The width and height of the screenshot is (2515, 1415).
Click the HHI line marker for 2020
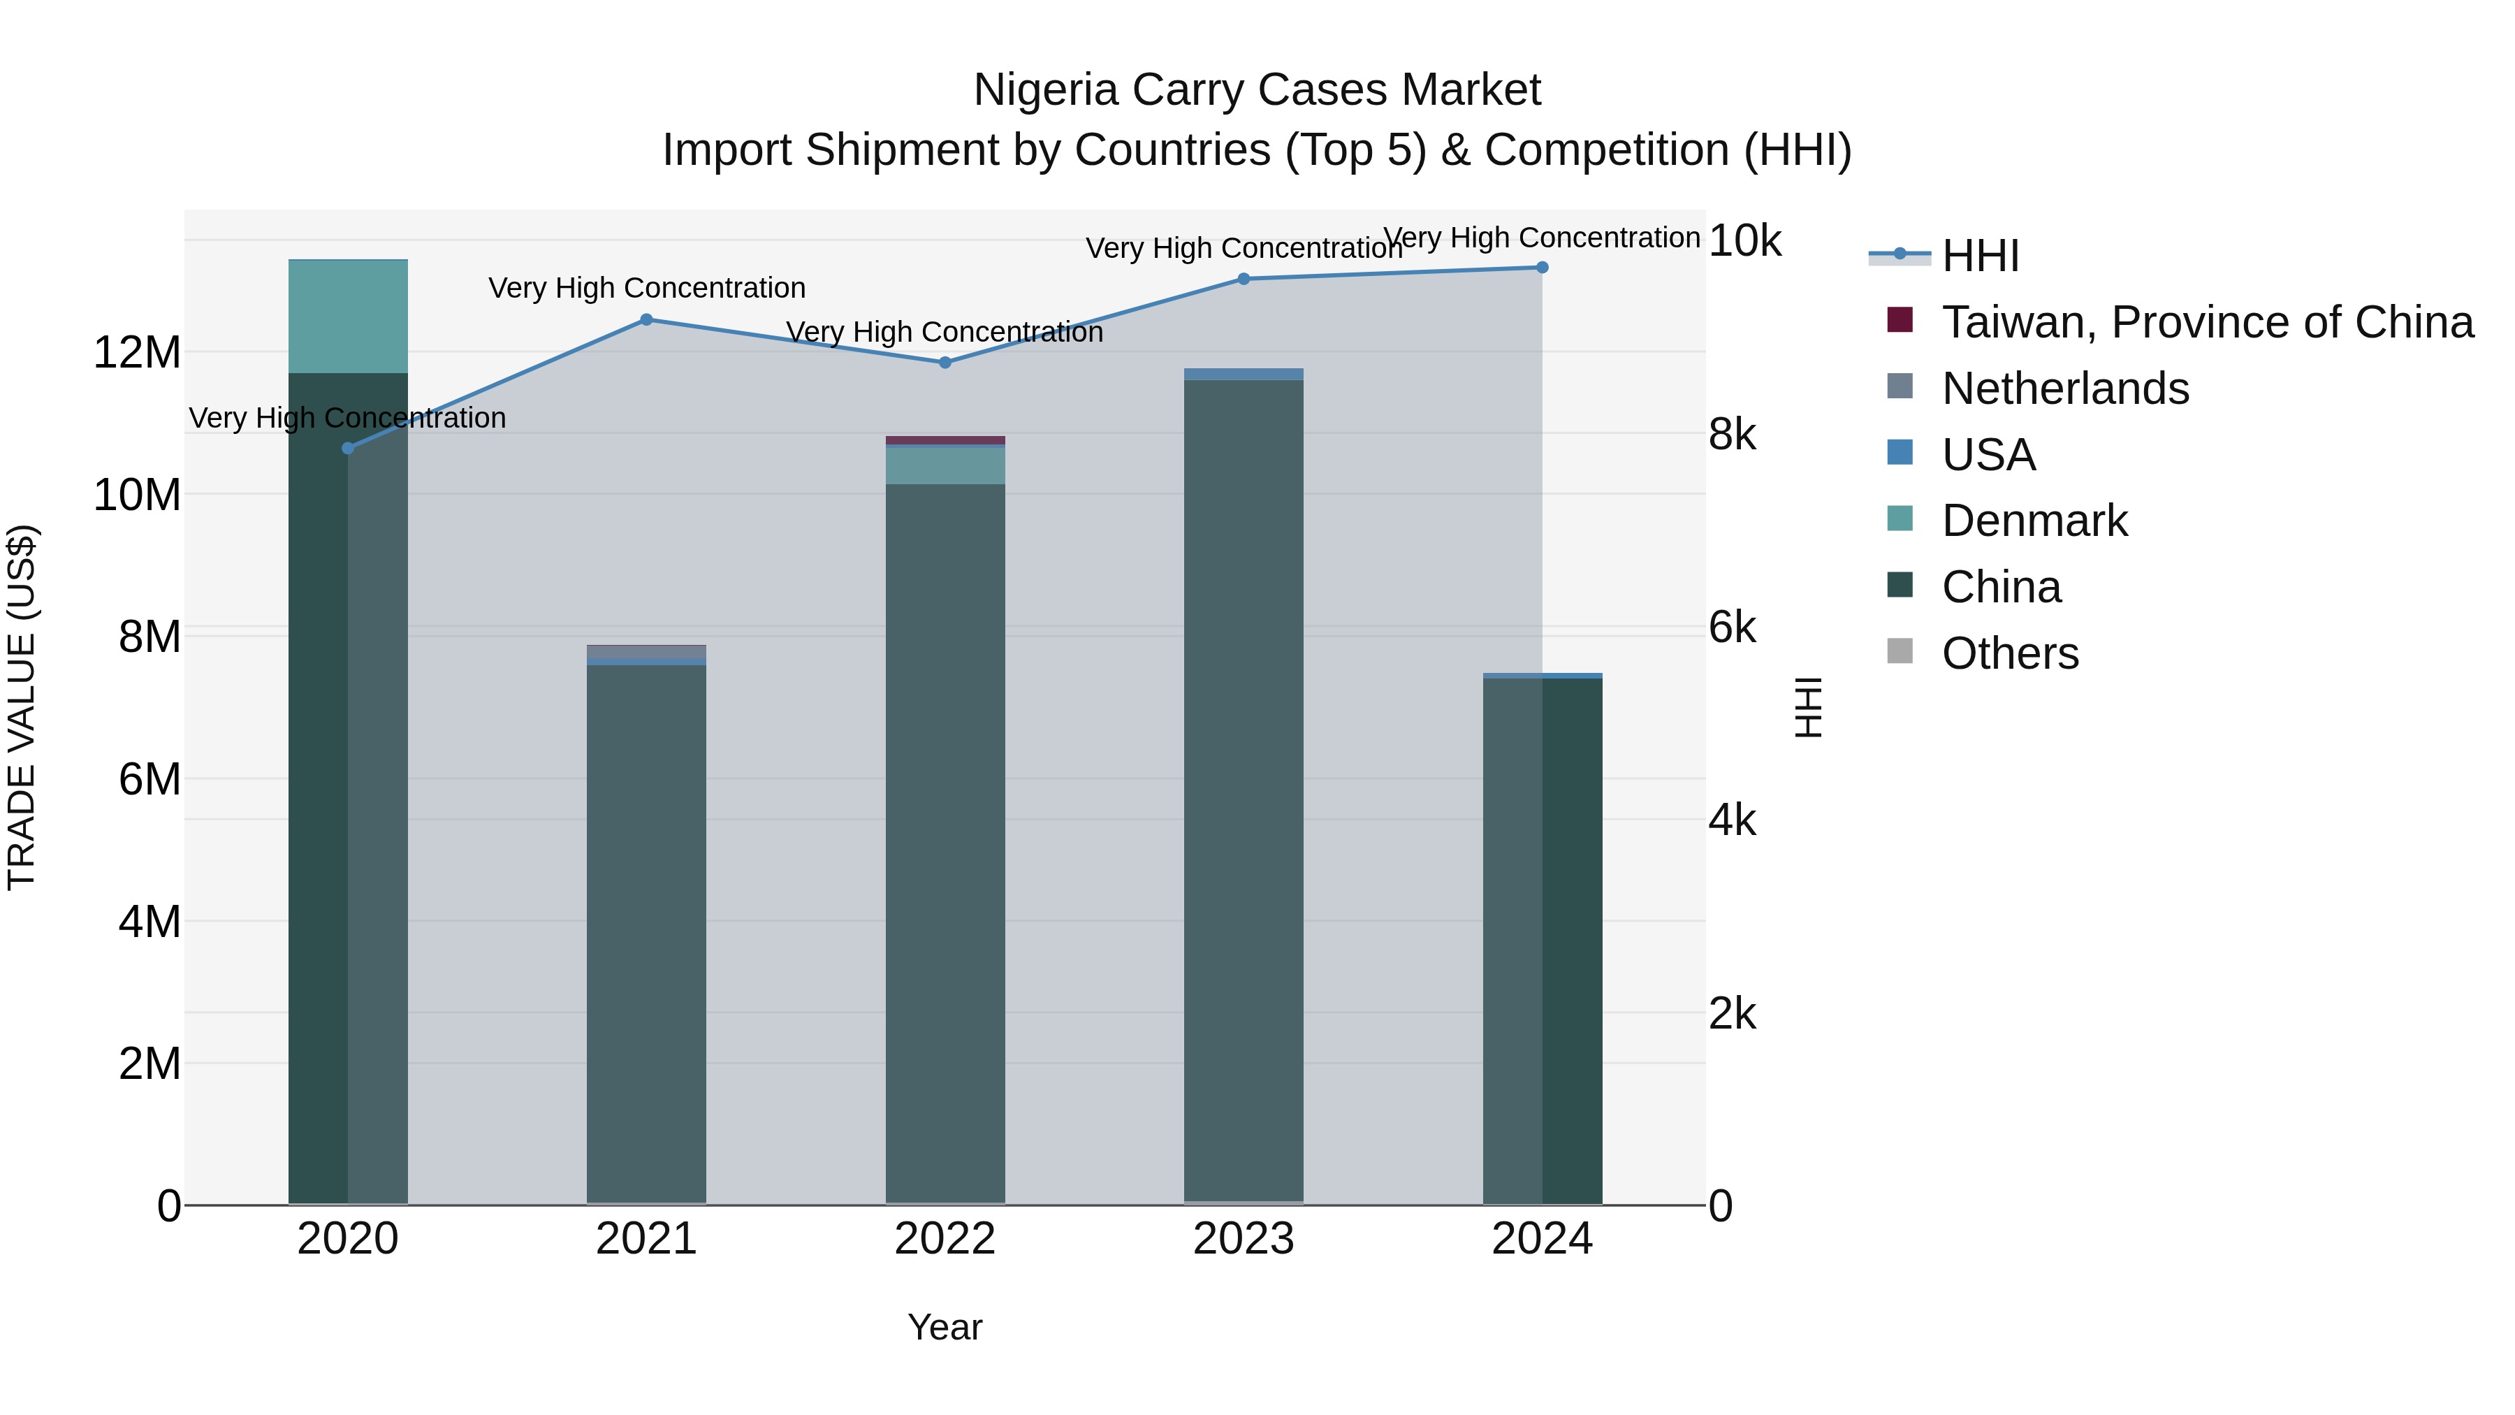click(348, 448)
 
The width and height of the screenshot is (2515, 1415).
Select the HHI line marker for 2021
click(646, 319)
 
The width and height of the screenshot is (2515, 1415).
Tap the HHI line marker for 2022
click(945, 362)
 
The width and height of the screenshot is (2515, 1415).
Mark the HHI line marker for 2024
click(1543, 267)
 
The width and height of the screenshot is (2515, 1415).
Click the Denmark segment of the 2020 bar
click(348, 317)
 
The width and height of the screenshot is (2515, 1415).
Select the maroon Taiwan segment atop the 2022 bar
click(945, 440)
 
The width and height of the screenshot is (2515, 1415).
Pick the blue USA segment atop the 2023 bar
click(1244, 374)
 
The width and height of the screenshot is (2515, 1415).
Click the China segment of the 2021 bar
click(646, 928)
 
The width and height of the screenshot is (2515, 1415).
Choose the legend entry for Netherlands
click(2065, 389)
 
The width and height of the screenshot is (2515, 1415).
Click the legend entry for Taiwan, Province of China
click(2206, 322)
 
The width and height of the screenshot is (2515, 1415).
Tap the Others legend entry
click(2009, 653)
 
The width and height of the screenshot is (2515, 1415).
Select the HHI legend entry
click(1980, 256)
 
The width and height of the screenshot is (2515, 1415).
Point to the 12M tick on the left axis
click(137, 353)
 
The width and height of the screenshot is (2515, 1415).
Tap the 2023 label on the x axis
click(1244, 1239)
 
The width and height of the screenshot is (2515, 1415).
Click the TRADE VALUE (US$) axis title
click(22, 707)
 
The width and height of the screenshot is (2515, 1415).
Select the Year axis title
click(945, 1327)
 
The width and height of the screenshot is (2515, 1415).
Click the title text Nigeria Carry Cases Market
click(1257, 90)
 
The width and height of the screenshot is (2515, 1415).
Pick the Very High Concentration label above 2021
click(646, 288)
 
